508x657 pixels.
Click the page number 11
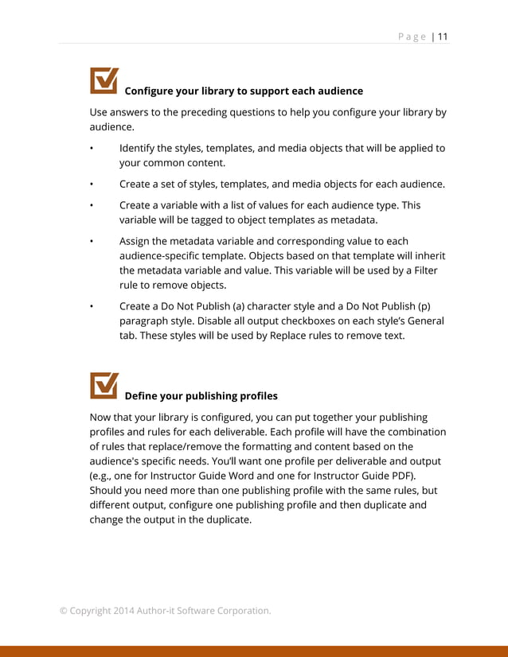tap(443, 37)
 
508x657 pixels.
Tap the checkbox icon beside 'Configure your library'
tap(104, 80)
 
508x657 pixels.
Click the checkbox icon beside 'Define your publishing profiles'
tap(104, 385)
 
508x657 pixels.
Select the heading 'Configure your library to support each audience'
tap(244, 91)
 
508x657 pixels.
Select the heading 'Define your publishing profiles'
tap(201, 395)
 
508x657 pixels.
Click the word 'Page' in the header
tap(412, 37)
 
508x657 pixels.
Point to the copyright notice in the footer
tap(165, 610)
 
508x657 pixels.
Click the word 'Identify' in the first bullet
tap(139, 148)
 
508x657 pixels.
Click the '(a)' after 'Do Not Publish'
tap(252, 305)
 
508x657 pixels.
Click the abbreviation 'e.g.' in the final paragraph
tap(103, 476)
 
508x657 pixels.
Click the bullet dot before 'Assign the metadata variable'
tap(92, 241)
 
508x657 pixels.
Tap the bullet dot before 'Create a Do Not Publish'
tap(92, 306)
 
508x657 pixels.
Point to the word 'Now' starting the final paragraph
tap(101, 417)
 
